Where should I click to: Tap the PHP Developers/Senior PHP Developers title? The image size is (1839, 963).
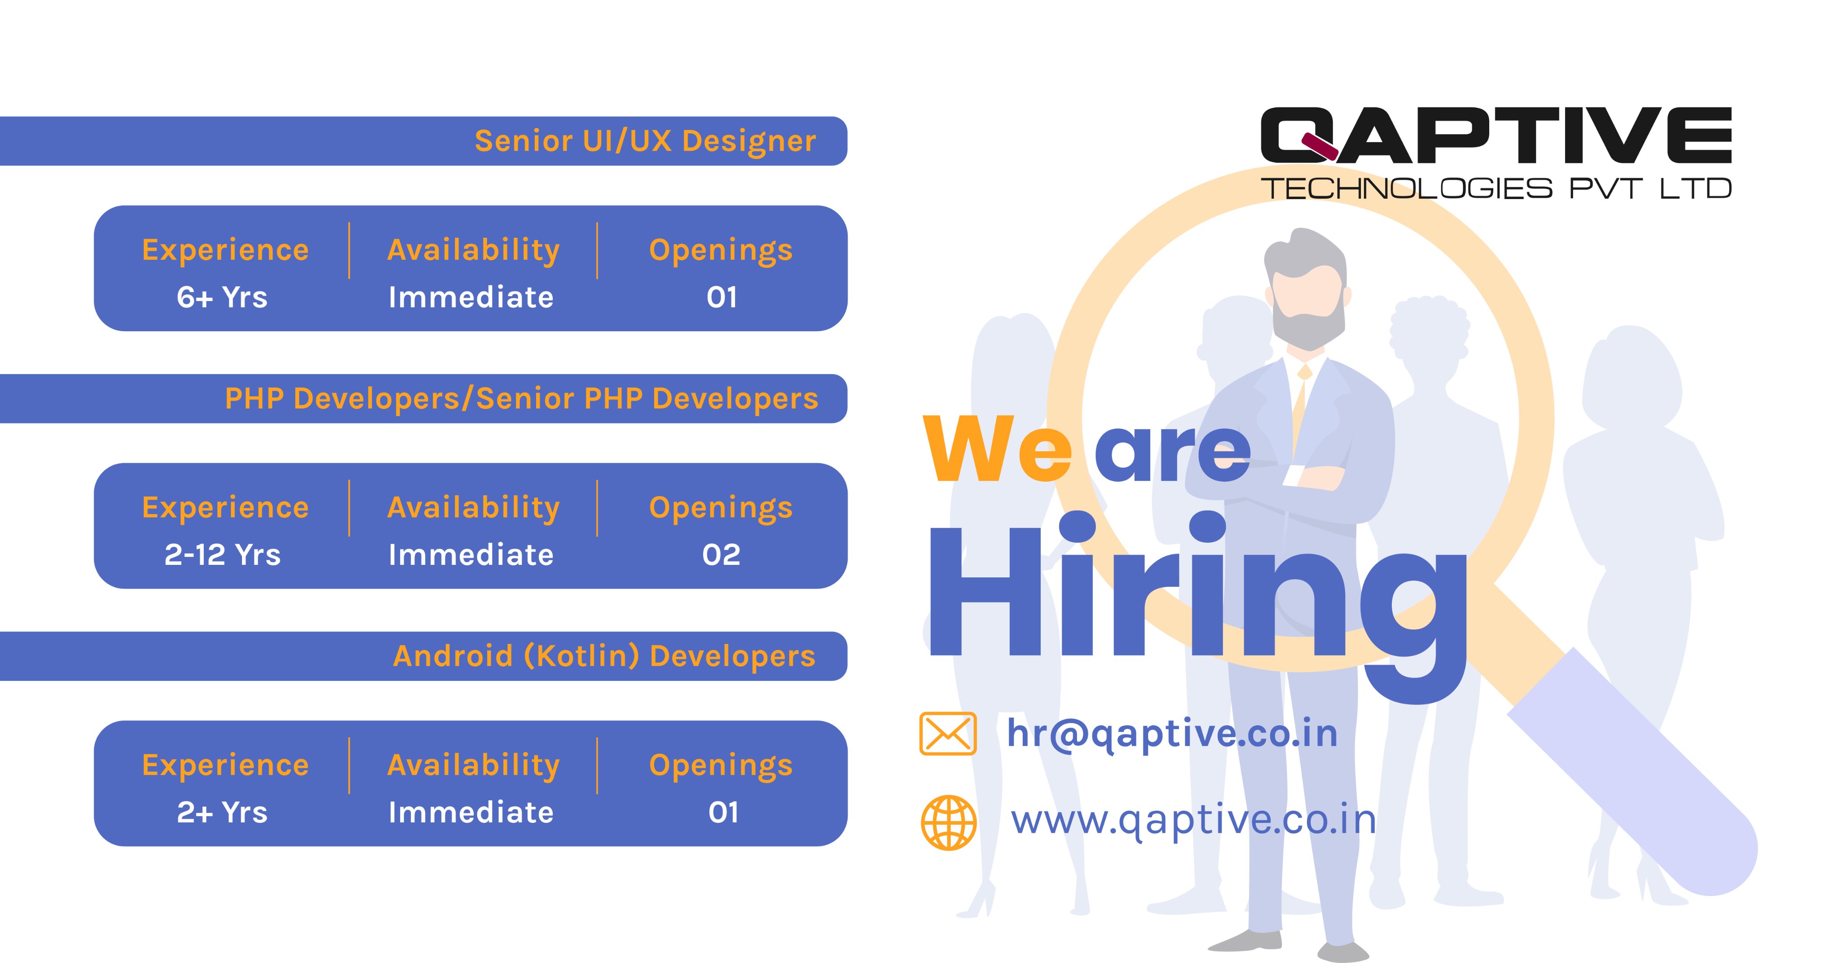(x=521, y=399)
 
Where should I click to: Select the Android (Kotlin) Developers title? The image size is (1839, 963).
(x=604, y=656)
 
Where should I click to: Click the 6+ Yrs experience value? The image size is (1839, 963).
(x=222, y=297)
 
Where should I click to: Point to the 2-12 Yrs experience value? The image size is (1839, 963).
(x=222, y=555)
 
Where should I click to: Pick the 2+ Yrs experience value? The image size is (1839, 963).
(x=222, y=812)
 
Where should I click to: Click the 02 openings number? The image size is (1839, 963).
(x=721, y=555)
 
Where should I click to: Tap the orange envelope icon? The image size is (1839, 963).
(x=947, y=734)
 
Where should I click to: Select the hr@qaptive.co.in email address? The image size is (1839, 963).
(x=1171, y=734)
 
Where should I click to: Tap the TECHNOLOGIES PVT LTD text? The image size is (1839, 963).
(x=1495, y=189)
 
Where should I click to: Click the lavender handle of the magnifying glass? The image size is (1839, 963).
(x=1635, y=772)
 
